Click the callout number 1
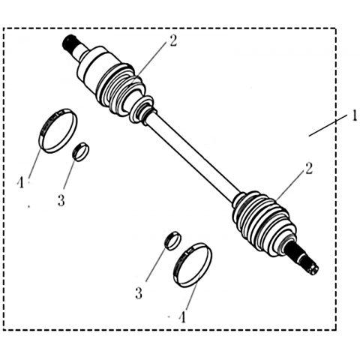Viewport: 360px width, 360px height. point(354,116)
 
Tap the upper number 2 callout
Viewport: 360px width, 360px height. point(172,40)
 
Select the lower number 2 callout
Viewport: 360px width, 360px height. point(309,168)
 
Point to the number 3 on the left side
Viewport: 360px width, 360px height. point(61,200)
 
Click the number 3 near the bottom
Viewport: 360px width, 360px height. point(139,293)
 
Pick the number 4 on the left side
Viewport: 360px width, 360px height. point(20,182)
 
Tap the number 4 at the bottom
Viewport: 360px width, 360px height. point(183,317)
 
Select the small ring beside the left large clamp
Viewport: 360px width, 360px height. point(81,151)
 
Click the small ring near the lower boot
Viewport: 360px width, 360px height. point(172,241)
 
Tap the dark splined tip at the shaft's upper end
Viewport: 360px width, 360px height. point(68,43)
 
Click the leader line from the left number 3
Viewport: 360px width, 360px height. point(70,172)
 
